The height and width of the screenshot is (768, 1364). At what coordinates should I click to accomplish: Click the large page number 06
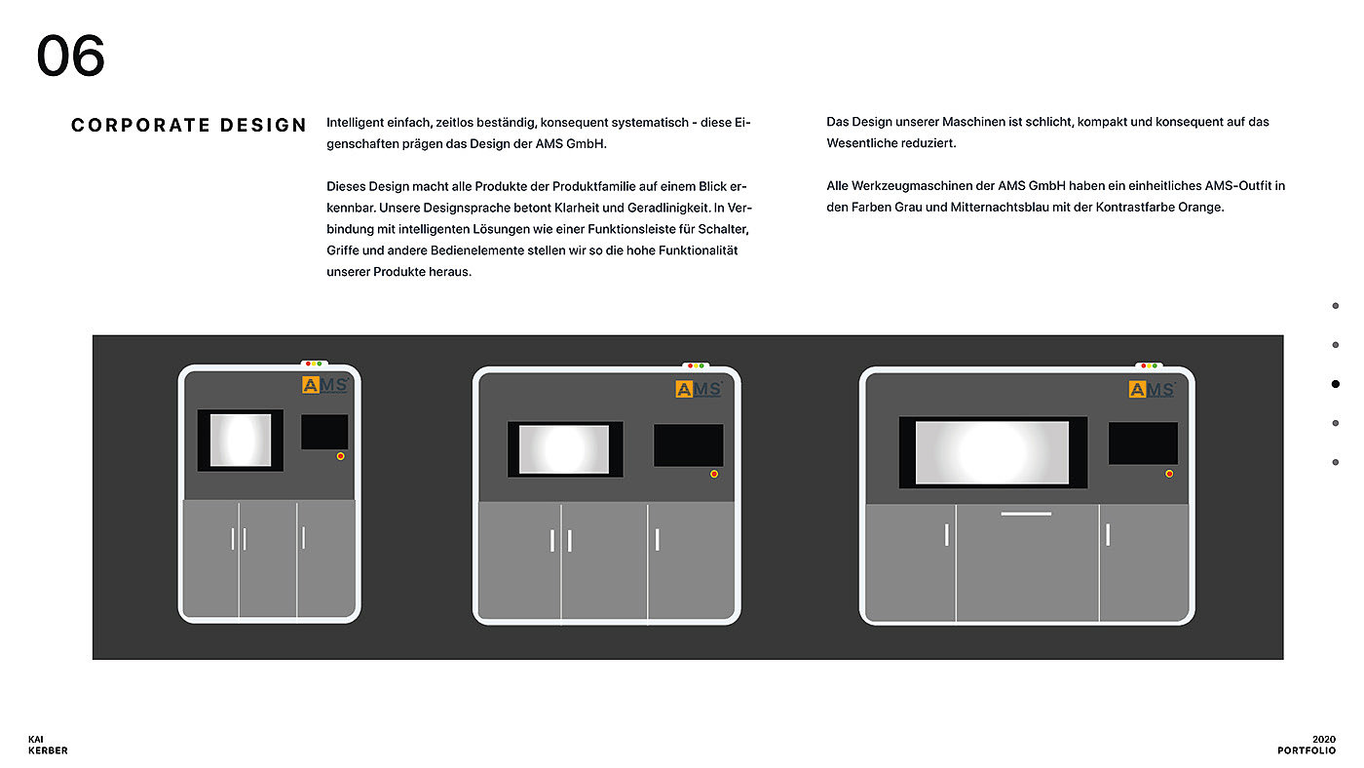[70, 56]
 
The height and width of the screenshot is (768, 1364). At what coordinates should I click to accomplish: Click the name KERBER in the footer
[48, 750]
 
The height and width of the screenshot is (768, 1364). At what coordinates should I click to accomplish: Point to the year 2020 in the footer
[1324, 740]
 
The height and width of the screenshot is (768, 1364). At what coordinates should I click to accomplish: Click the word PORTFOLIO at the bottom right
[1307, 750]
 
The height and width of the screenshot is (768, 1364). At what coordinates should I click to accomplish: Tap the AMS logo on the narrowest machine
[325, 385]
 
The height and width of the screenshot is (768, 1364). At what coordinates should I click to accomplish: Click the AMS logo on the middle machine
[699, 389]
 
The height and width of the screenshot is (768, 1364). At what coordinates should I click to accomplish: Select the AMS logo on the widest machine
[1152, 389]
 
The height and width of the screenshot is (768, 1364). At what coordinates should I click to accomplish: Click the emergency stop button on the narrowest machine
[340, 456]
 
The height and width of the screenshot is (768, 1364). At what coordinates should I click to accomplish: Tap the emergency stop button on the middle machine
[713, 474]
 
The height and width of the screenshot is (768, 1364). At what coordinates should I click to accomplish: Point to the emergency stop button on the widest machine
[1169, 474]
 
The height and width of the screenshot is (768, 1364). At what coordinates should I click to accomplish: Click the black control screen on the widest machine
[1143, 443]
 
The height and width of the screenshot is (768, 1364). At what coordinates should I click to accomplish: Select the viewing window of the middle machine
[565, 449]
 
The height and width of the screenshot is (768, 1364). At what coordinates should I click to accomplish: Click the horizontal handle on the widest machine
[1026, 514]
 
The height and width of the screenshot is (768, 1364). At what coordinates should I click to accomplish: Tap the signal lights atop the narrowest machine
[314, 364]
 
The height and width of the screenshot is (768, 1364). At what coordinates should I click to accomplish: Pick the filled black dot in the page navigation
[1336, 384]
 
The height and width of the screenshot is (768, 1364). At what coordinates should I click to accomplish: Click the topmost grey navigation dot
[1336, 306]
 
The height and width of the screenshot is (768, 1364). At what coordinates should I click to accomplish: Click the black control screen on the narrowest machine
[324, 433]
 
